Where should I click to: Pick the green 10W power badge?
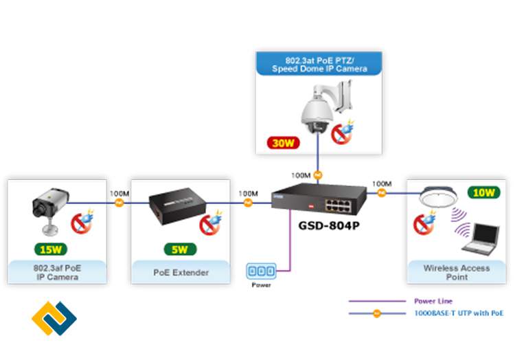(484, 193)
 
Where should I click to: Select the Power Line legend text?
(432, 300)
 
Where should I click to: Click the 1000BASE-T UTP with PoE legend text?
(458, 313)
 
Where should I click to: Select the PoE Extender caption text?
(180, 273)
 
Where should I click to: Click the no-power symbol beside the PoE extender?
(209, 224)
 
